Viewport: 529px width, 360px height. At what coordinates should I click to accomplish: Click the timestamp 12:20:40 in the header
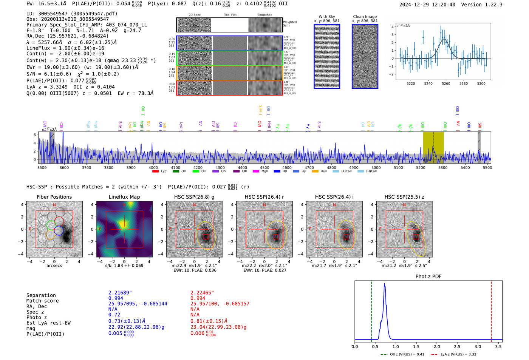[x=442, y=5]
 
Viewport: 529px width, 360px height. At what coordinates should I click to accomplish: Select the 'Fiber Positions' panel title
[x=54, y=197]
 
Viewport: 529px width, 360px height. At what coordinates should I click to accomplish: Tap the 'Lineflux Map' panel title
[x=124, y=197]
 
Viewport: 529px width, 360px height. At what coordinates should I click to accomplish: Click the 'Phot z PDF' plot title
[x=428, y=276]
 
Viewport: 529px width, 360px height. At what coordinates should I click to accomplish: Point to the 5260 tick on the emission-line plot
[x=446, y=83]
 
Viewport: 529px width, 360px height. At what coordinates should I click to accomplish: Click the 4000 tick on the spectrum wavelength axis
[x=153, y=167]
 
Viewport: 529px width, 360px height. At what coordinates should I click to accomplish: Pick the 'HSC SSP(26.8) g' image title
[x=194, y=197]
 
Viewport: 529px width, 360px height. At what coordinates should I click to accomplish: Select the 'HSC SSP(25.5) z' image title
[x=404, y=197]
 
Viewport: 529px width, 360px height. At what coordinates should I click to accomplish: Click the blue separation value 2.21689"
[x=120, y=293]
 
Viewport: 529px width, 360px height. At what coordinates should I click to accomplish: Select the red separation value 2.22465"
[x=202, y=293]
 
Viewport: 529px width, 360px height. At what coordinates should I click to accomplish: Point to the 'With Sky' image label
[x=327, y=17]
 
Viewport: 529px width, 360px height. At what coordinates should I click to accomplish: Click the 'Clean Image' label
[x=365, y=17]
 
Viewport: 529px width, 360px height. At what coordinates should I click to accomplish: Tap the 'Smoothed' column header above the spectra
[x=264, y=15]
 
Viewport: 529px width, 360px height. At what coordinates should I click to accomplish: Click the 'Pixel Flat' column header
[x=230, y=15]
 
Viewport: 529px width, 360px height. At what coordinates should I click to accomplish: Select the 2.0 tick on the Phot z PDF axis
[x=436, y=346]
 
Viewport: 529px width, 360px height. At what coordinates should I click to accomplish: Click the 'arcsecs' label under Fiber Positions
[x=54, y=266]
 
